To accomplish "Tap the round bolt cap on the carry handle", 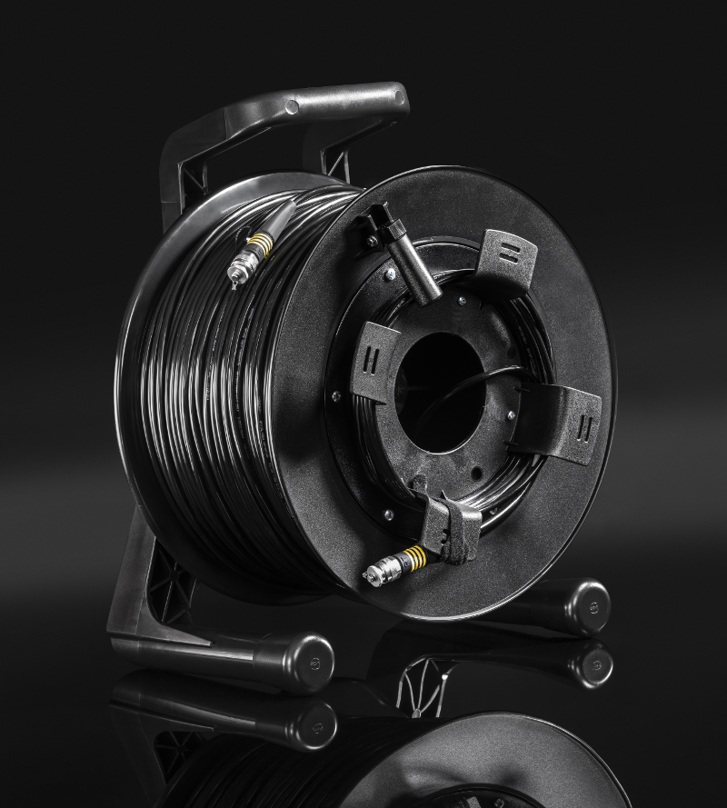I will [x=292, y=107].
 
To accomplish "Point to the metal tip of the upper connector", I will [x=238, y=269].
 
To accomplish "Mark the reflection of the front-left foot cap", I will [x=314, y=721].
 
